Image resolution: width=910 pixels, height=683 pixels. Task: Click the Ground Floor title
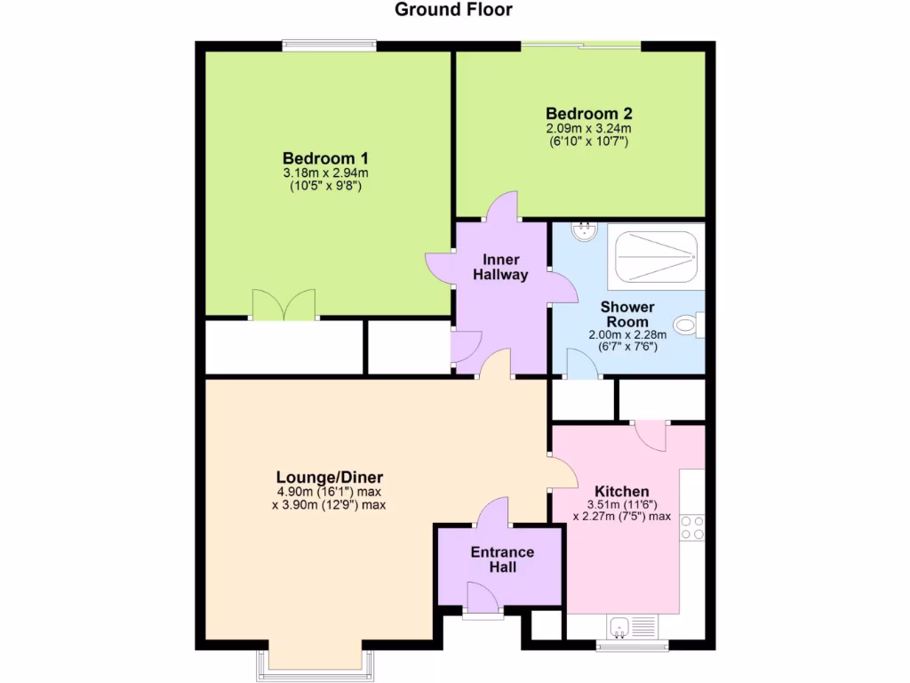click(x=453, y=10)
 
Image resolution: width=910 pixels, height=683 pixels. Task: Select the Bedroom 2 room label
click(x=588, y=114)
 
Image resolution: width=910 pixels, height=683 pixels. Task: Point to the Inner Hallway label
click(x=500, y=267)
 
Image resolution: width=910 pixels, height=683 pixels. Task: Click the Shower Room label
click(x=628, y=314)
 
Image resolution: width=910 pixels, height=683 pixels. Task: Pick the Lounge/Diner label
click(x=329, y=477)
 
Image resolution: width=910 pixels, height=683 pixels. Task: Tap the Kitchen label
click(x=621, y=491)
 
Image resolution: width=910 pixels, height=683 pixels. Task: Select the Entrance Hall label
click(x=502, y=559)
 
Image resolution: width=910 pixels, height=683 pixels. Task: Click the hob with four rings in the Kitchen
click(x=692, y=527)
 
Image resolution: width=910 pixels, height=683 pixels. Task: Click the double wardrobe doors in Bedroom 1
click(x=283, y=305)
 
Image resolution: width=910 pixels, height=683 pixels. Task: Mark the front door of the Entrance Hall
click(x=483, y=599)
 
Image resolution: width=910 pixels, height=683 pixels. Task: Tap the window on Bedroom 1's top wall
click(x=328, y=44)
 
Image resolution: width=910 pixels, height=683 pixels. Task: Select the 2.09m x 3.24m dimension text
click(x=588, y=129)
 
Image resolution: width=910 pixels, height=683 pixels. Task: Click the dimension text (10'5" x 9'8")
click(x=324, y=187)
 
